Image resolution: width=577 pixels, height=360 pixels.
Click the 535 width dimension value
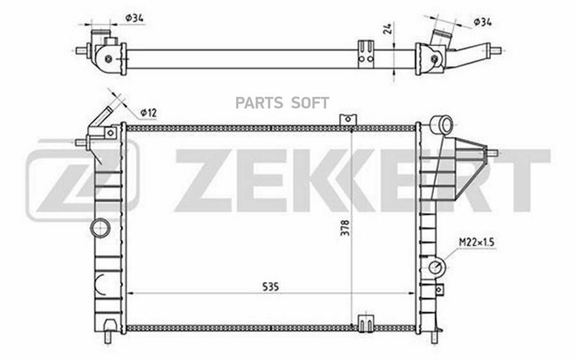[271, 286]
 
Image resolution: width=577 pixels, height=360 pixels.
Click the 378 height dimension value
[345, 228]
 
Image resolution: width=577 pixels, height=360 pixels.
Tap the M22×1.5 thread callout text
[476, 242]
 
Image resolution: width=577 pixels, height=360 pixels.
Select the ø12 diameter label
[149, 113]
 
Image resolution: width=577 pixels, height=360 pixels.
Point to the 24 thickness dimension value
[387, 28]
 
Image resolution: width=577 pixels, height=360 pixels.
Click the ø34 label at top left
[135, 17]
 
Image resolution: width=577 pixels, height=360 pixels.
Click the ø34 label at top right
[482, 22]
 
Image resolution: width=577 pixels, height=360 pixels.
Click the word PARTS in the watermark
[259, 103]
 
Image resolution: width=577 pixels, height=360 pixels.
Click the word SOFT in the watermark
[310, 103]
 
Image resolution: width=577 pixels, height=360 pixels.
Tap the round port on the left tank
[101, 228]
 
